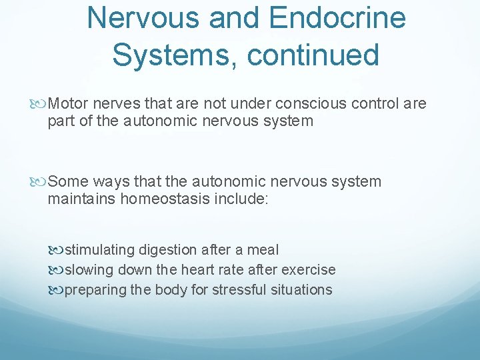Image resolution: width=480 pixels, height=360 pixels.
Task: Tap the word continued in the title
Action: point(313,54)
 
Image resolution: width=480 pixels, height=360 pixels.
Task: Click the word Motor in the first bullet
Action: point(69,103)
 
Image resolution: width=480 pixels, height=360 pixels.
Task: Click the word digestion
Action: point(169,250)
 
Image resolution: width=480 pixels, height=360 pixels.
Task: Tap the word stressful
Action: point(237,290)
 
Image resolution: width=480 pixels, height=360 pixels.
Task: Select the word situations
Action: point(303,290)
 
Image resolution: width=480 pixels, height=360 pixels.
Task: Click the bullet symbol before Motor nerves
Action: point(42,104)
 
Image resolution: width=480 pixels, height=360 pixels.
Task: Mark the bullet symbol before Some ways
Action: point(42,182)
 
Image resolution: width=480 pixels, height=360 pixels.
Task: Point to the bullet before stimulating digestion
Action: point(58,251)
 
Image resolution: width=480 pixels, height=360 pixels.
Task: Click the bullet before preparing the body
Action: point(58,291)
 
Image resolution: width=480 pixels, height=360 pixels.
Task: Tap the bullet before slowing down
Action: point(58,271)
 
